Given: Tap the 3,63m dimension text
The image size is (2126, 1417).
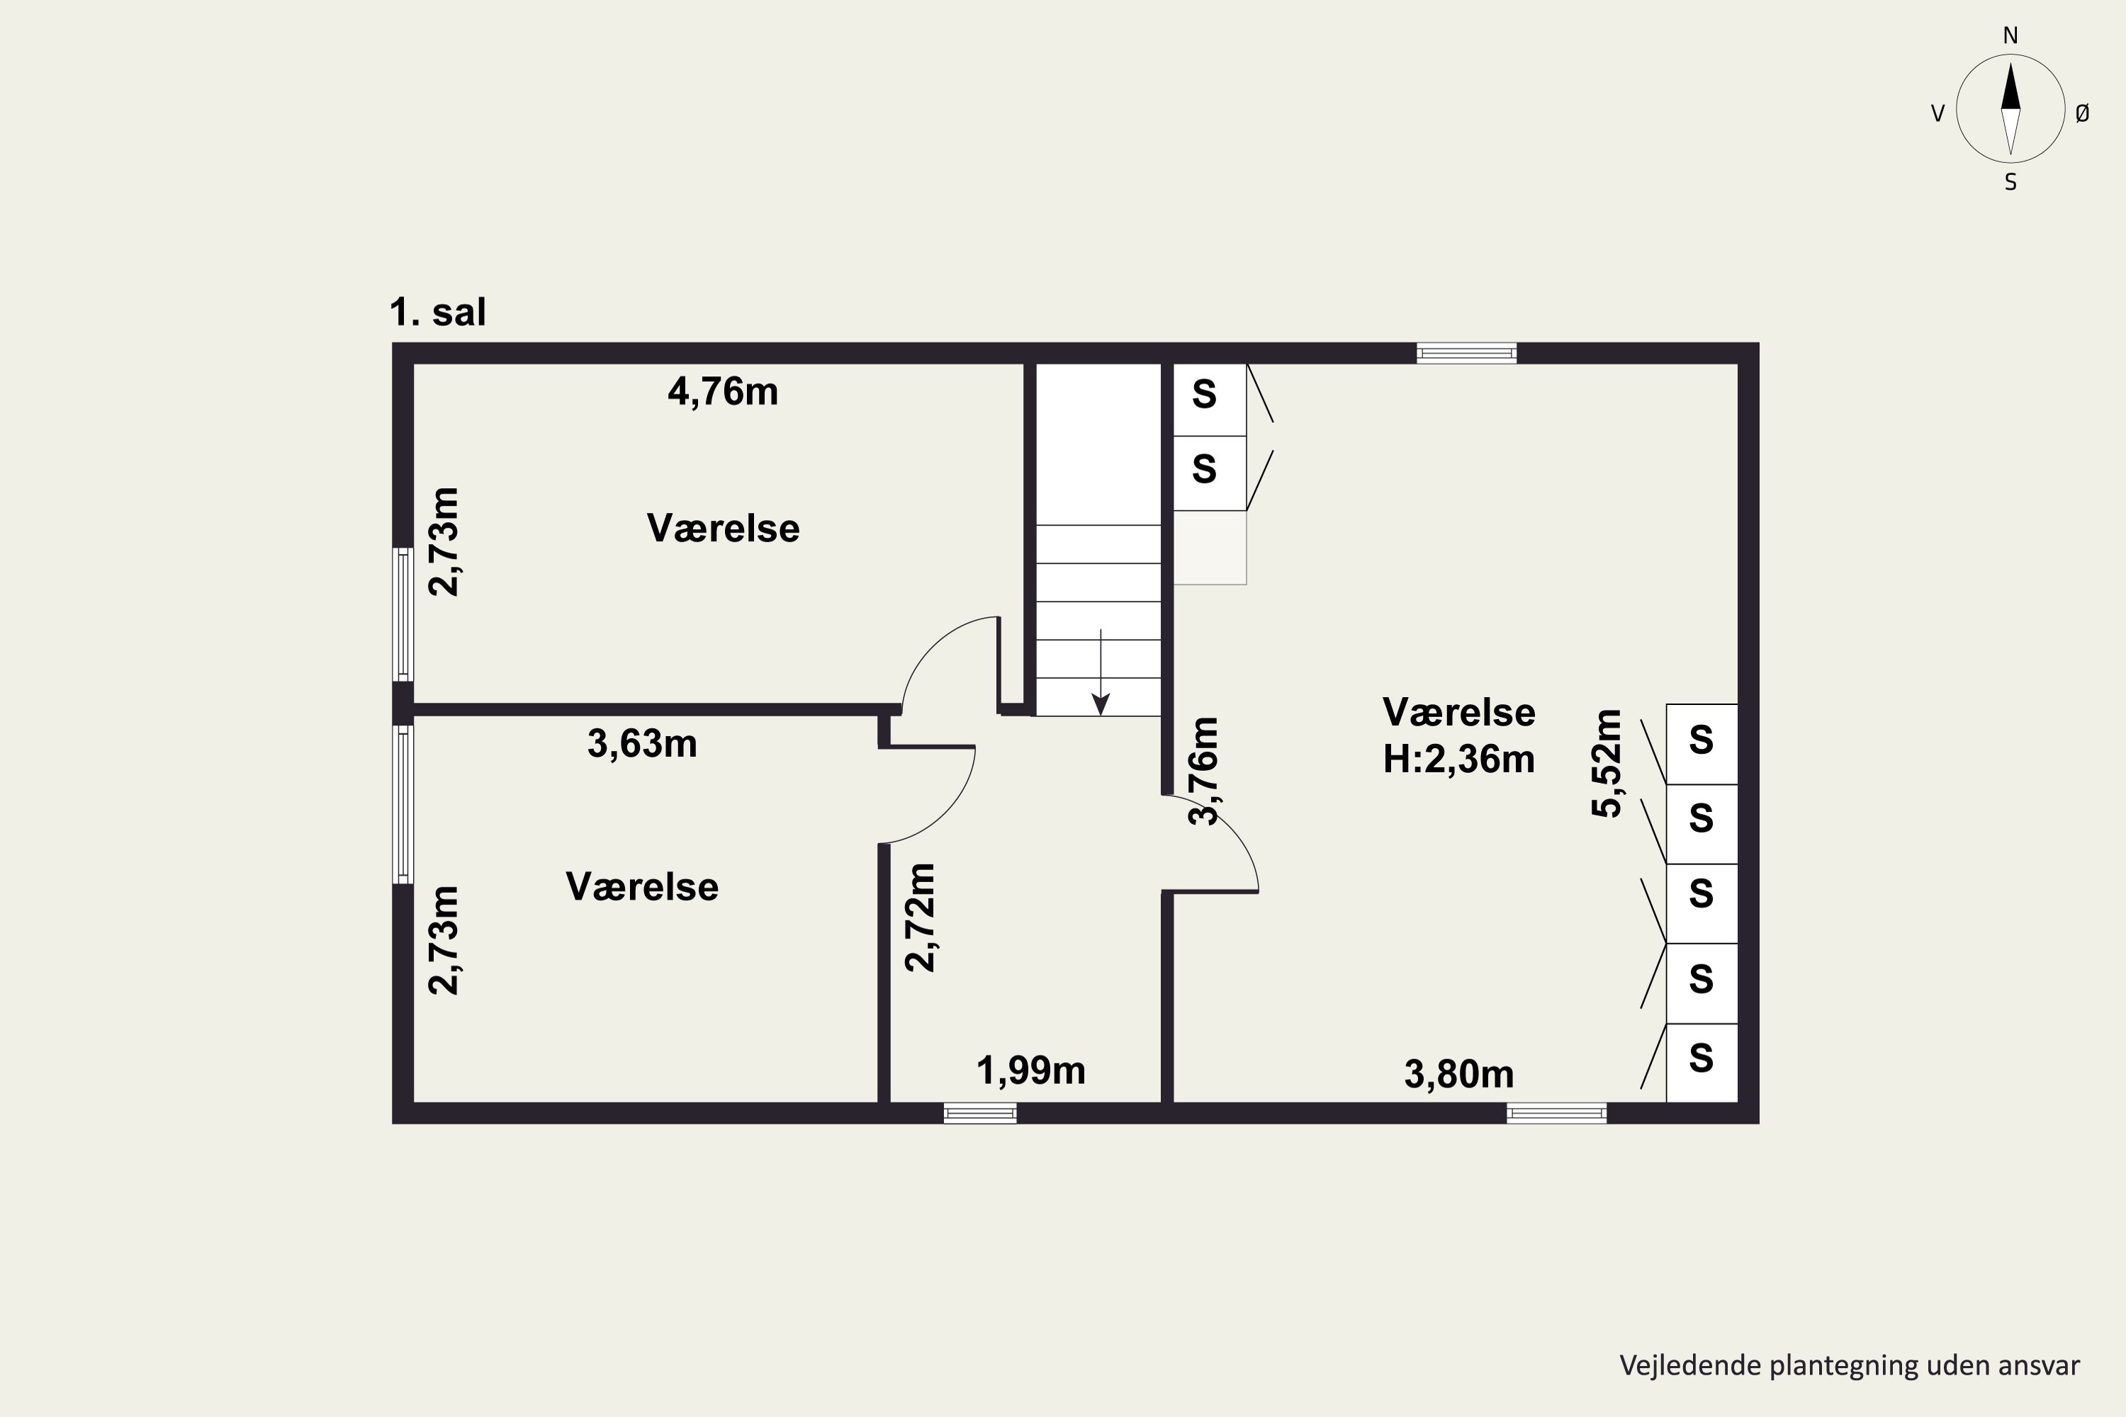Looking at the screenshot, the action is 642,744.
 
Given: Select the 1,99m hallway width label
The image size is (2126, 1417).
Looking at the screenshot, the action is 1030,1071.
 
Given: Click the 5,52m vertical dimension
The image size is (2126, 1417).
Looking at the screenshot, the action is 1607,764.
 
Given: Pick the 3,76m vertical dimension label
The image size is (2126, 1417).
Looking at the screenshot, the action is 1204,771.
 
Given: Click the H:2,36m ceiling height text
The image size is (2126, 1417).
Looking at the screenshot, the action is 1459,759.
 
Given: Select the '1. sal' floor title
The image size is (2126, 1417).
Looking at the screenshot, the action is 437,312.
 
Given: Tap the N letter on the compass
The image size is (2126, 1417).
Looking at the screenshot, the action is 2010,35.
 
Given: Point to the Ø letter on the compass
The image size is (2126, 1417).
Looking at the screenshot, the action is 2083,113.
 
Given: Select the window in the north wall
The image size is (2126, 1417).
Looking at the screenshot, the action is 1466,354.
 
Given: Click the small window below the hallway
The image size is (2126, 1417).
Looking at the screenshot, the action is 980,1113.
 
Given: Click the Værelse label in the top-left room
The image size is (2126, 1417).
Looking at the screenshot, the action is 723,529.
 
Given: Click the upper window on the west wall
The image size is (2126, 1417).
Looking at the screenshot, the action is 403,614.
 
